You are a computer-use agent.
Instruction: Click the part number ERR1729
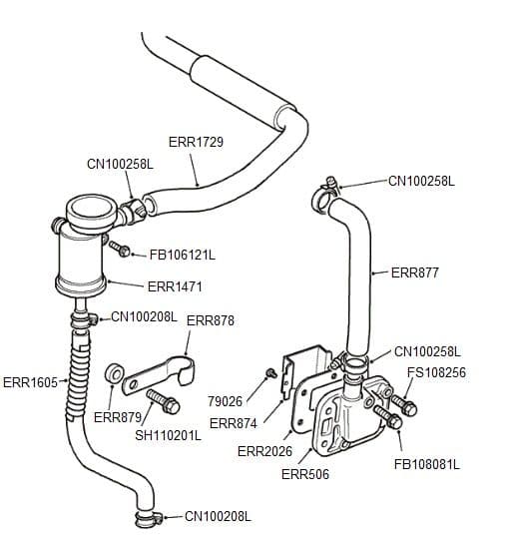[196, 142]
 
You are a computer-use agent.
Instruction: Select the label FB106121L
[182, 254]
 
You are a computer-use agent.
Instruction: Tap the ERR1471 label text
[175, 286]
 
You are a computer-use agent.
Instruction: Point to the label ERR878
[211, 320]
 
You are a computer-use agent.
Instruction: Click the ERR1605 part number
[30, 381]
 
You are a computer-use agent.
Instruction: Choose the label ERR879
[118, 416]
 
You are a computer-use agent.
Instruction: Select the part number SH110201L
[168, 435]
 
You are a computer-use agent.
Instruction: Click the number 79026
[225, 401]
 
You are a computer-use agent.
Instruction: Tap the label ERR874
[234, 423]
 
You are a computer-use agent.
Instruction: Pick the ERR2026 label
[264, 451]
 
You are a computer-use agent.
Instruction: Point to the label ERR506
[304, 474]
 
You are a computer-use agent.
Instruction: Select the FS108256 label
[436, 372]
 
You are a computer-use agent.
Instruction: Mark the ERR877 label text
[414, 271]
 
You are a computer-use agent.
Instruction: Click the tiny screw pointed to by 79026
[269, 373]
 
